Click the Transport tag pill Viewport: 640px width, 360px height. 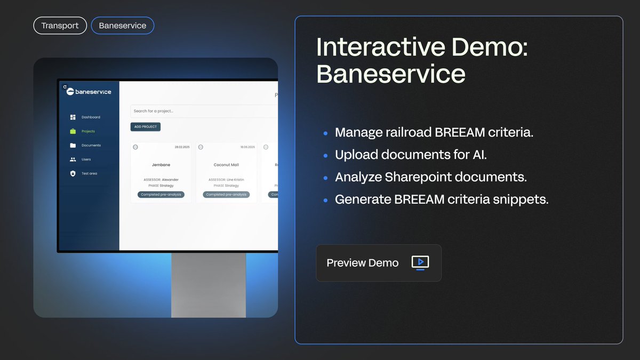point(60,26)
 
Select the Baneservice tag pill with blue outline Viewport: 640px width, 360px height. point(122,26)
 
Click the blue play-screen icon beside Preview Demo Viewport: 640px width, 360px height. point(420,262)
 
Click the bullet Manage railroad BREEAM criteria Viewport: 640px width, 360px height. point(434,132)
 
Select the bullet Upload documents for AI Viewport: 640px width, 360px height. point(411,155)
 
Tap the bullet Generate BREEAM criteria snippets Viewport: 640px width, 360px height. point(442,199)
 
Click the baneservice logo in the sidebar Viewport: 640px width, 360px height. point(89,92)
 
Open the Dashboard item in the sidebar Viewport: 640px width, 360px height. point(90,117)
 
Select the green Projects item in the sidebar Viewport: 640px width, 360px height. point(87,131)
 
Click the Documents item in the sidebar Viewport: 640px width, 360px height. point(91,146)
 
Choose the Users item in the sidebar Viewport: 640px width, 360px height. point(86,159)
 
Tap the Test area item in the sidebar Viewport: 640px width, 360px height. point(89,173)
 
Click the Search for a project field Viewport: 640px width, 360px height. point(203,111)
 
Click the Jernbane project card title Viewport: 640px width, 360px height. point(161,165)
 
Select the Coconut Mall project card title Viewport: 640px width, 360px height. point(226,165)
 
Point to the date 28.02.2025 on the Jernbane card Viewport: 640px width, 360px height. point(182,147)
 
